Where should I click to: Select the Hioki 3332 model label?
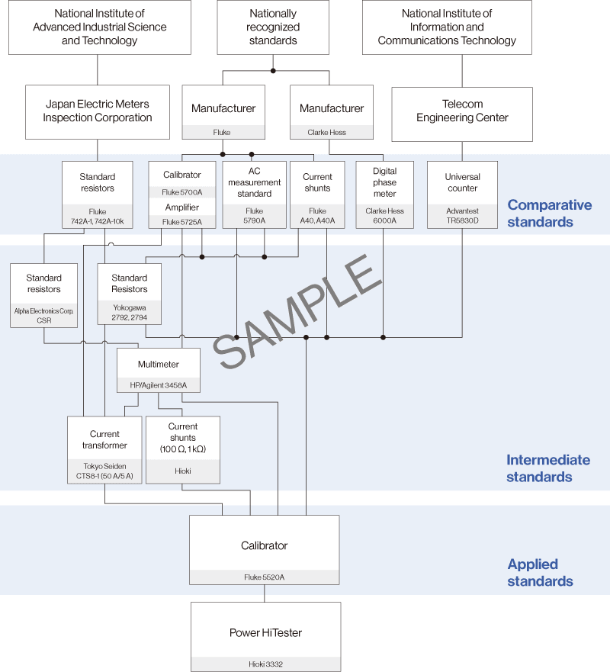265,664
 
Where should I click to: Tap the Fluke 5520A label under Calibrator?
264,577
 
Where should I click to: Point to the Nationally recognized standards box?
273,27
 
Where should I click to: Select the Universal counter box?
462,182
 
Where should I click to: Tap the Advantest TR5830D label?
462,216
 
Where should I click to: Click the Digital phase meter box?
384,182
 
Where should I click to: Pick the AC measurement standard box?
255,182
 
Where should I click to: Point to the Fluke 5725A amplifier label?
181,222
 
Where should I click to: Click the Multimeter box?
159,364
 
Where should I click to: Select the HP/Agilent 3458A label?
159,385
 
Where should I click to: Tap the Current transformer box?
104,439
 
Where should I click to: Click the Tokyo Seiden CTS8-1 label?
104,471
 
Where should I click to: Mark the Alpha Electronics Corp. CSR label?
43,316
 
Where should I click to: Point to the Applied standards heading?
540,573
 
